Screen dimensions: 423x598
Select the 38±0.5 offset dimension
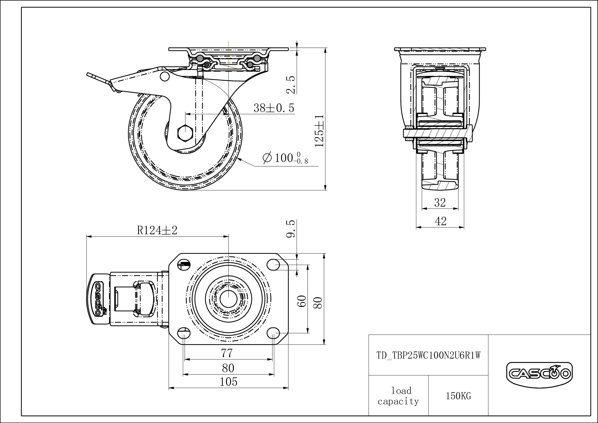pos(274,108)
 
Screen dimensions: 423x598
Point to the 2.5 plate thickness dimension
pos(291,84)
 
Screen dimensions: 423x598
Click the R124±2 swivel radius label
pos(157,230)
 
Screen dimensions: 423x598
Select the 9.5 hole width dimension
pos(291,229)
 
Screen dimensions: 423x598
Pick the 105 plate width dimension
pos(228,382)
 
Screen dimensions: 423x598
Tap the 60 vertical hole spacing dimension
pos(302,301)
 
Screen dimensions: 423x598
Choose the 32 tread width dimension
pos(440,202)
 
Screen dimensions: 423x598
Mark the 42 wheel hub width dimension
pos(440,221)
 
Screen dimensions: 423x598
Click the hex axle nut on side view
pos(185,132)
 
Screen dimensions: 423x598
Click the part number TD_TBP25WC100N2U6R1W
pos(428,355)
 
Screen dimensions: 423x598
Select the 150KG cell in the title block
pos(458,396)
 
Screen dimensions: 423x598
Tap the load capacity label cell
pos(398,396)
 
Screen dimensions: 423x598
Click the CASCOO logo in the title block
pos(539,374)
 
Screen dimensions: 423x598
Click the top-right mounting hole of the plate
pos(273,265)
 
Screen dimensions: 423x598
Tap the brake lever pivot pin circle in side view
pos(164,76)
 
